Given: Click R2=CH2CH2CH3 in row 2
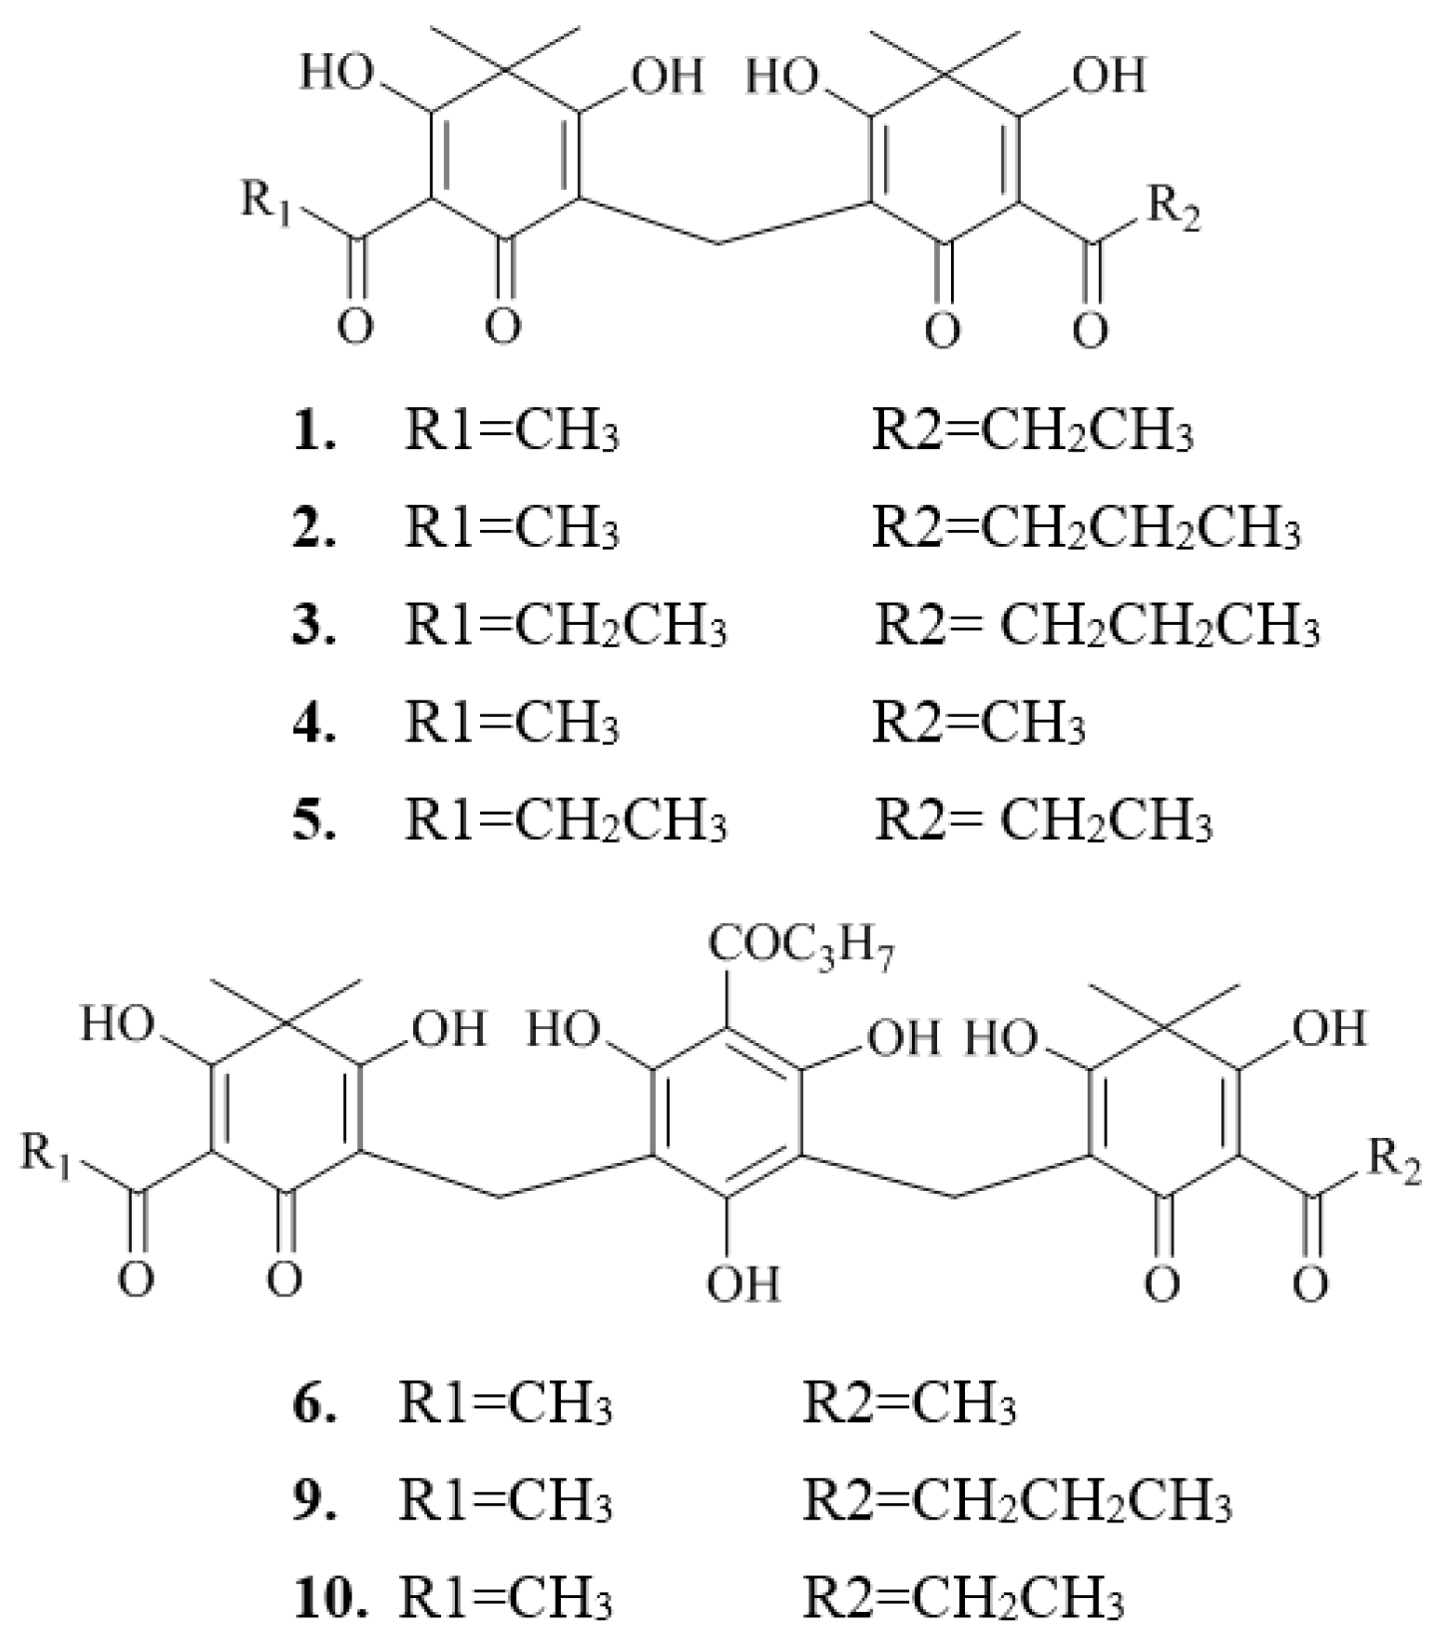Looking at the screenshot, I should [x=1087, y=530].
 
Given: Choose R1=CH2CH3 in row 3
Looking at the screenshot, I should [x=566, y=627].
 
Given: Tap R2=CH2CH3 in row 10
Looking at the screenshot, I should [x=964, y=1600].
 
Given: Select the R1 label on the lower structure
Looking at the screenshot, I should [x=47, y=1157].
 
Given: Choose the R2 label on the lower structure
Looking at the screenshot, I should [x=1394, y=1160].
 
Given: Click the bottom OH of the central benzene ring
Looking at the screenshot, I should [x=744, y=1282].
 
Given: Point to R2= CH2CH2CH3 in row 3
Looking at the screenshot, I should [x=1098, y=627].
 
